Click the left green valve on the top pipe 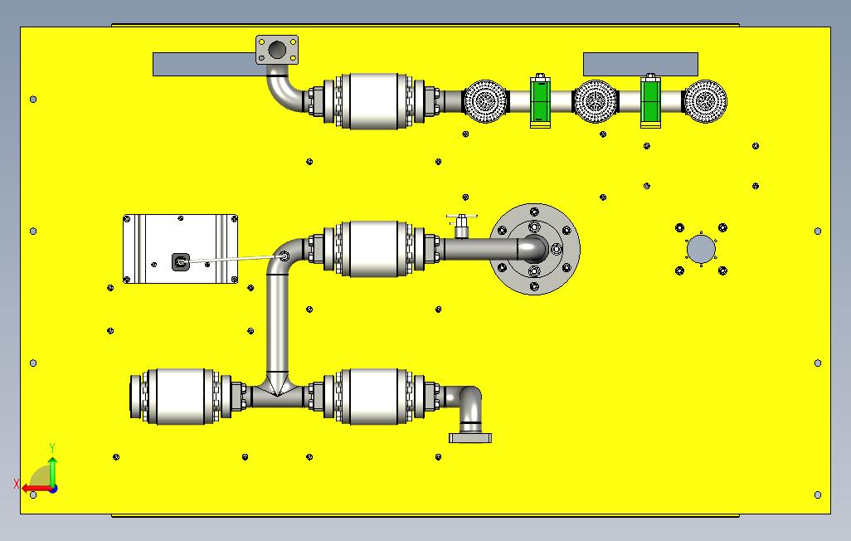[x=541, y=102]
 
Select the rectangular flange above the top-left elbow [x=278, y=50]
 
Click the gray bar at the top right [x=640, y=64]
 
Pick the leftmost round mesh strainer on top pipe [x=484, y=102]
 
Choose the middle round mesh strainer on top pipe [x=596, y=102]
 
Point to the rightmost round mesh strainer [x=705, y=102]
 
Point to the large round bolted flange [x=535, y=249]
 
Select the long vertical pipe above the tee [x=277, y=324]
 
